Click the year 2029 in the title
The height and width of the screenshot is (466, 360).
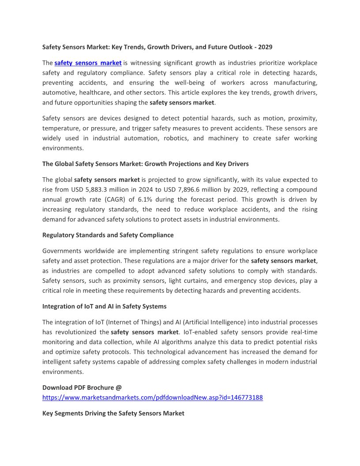click(x=270, y=47)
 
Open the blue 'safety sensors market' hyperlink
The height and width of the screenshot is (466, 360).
click(x=88, y=63)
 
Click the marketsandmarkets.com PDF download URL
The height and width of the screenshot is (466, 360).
click(x=152, y=397)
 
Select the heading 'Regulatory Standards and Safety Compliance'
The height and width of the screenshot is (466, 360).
click(x=108, y=235)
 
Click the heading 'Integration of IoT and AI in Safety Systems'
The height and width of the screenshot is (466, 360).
click(x=104, y=306)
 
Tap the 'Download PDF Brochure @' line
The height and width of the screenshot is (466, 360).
click(x=82, y=387)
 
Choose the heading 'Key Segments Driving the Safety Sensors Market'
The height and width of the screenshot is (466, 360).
click(x=113, y=413)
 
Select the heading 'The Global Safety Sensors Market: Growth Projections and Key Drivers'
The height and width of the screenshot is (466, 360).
click(x=145, y=164)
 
